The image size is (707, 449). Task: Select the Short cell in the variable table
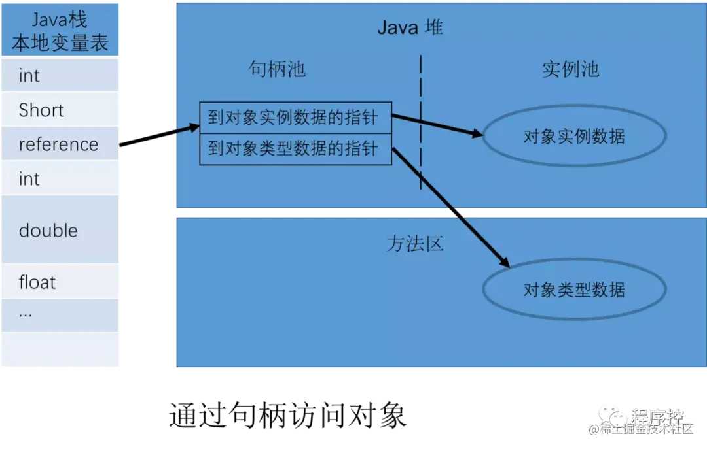[60, 110]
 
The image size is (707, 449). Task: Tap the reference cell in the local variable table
[60, 144]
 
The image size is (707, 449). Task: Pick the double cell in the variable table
[60, 230]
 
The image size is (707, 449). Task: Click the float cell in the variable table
[60, 282]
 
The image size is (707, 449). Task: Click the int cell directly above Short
[60, 75]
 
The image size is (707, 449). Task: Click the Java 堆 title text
[410, 27]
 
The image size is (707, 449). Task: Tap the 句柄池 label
[277, 69]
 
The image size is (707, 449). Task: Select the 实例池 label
[570, 69]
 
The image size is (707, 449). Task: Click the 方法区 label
[415, 244]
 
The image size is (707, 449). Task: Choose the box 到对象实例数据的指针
[295, 118]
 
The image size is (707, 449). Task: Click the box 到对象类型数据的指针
[295, 149]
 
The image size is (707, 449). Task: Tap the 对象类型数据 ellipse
[574, 290]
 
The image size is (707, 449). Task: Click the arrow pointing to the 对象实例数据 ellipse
[437, 125]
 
